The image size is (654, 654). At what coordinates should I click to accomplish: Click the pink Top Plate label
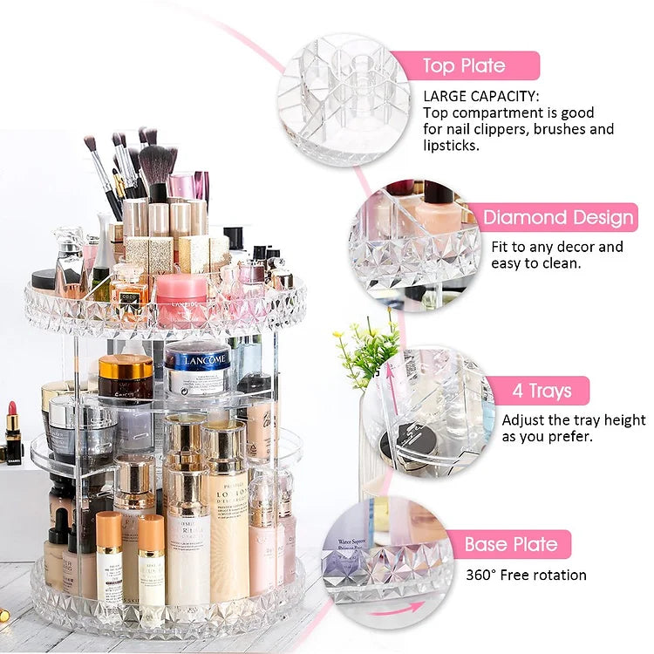coord(465,65)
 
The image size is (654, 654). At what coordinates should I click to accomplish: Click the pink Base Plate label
coord(511,545)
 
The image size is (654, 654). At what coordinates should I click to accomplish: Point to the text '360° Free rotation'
coord(527,575)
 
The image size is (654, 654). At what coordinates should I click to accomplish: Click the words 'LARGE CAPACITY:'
coord(481,96)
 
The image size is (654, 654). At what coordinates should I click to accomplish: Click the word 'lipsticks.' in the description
coord(452,146)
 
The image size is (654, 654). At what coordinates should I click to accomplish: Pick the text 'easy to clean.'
coord(535,263)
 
